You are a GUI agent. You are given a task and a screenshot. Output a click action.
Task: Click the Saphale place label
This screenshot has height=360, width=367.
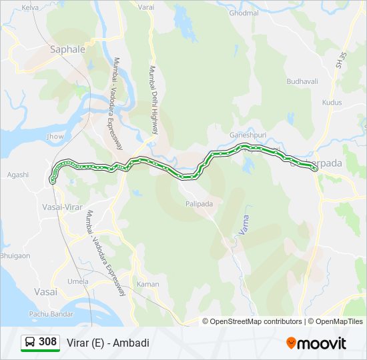pyautogui.click(x=68, y=49)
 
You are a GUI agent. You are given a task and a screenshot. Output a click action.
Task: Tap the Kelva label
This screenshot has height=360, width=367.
pyautogui.click(x=30, y=7)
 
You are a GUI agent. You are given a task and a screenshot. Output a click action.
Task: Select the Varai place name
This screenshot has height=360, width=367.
pyautogui.click(x=146, y=7)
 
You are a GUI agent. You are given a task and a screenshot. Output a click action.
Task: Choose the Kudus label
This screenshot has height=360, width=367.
pyautogui.click(x=332, y=103)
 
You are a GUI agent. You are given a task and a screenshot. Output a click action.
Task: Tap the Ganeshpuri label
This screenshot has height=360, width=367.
pyautogui.click(x=248, y=133)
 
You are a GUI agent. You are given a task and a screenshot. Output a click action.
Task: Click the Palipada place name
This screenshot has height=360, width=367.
pyautogui.click(x=200, y=204)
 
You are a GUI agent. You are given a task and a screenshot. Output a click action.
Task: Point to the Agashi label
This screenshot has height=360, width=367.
pyautogui.click(x=18, y=175)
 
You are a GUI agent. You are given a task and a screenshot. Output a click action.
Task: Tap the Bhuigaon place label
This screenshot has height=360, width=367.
pyautogui.click(x=15, y=255)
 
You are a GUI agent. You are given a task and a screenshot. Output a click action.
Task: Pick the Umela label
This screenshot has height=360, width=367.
pyautogui.click(x=77, y=281)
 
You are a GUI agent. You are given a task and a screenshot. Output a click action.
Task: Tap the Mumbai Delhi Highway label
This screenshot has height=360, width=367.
pyautogui.click(x=153, y=100)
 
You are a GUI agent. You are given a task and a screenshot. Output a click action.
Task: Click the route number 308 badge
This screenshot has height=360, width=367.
pyautogui.click(x=40, y=342)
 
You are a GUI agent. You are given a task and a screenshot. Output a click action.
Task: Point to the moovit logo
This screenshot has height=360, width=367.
pyautogui.click(x=316, y=343)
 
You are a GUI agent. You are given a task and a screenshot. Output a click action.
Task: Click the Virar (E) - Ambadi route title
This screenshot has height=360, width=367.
pyautogui.click(x=108, y=343)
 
